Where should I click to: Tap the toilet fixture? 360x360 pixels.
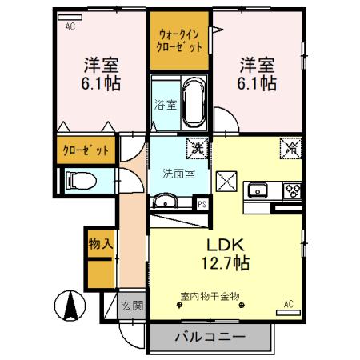click(x=78, y=182)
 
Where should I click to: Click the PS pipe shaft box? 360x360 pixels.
click(x=203, y=204)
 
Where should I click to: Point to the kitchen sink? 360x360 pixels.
click(x=258, y=190)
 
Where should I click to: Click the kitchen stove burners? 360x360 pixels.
click(x=290, y=190)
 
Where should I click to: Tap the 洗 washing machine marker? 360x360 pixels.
click(x=194, y=147)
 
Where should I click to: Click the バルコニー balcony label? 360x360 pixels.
click(x=210, y=338)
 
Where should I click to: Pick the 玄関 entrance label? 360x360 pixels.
click(x=132, y=304)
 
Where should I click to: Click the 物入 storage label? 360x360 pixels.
click(x=100, y=243)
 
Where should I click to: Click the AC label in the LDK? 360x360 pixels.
click(x=289, y=304)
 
